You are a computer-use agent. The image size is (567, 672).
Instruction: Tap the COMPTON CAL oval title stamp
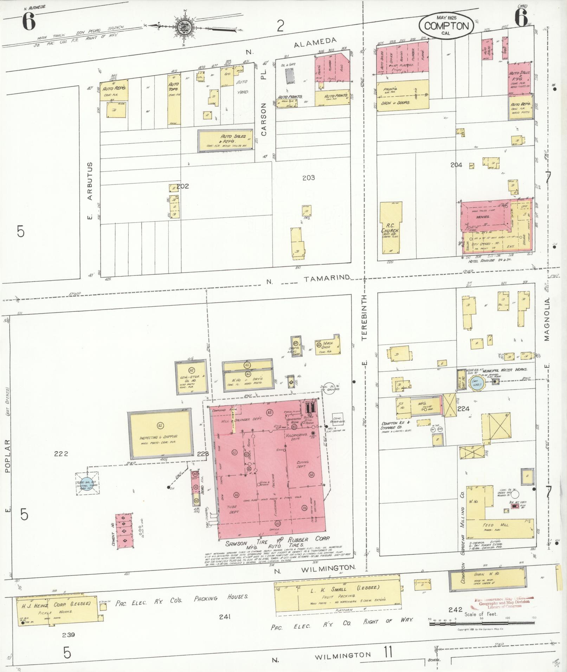point(446,26)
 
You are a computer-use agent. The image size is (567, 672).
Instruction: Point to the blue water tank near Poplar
point(85,483)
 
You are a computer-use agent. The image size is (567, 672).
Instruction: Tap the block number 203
point(308,178)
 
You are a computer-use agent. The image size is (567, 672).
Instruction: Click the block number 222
point(61,454)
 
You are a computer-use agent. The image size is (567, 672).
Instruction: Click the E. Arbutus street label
point(90,191)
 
